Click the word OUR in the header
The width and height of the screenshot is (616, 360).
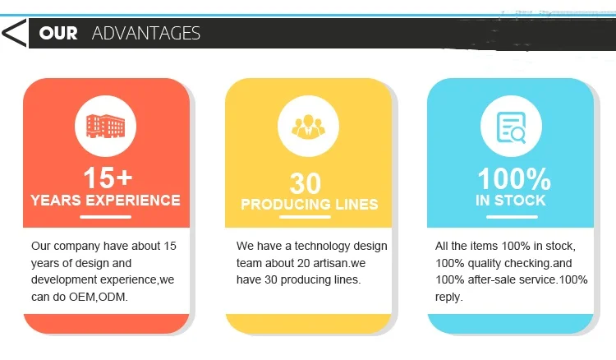click(58, 33)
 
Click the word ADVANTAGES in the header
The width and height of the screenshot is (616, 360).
click(146, 33)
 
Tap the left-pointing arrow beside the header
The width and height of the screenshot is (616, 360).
click(14, 33)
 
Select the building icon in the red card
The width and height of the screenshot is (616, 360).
click(105, 126)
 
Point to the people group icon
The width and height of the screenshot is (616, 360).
click(308, 127)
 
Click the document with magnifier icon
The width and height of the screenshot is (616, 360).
click(511, 127)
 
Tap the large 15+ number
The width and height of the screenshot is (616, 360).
click(108, 178)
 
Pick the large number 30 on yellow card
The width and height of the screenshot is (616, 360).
click(306, 183)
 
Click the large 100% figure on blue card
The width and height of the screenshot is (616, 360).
click(514, 179)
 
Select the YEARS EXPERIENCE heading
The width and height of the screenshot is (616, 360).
click(105, 200)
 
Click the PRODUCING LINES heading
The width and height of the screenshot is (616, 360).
click(309, 204)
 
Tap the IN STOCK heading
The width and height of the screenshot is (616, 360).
click(510, 201)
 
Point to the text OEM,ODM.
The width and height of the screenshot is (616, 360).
click(99, 297)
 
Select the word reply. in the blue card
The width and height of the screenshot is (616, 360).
click(449, 297)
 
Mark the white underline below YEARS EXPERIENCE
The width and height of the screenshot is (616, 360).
click(105, 217)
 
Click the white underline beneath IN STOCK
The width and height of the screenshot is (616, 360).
click(512, 217)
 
